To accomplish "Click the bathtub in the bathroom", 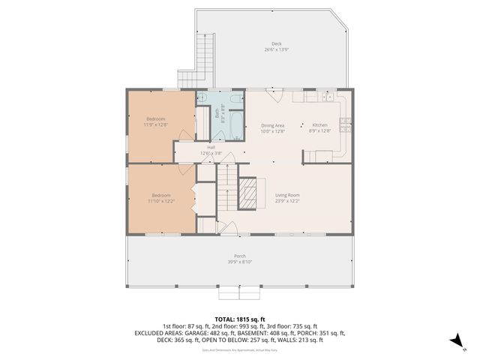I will tap(235, 124).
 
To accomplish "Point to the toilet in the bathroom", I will tap(235, 97).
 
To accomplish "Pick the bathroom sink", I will tap(202, 97).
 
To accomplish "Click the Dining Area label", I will tap(272, 125).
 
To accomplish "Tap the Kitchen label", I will tap(319, 125).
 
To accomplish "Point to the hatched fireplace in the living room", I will tap(247, 193).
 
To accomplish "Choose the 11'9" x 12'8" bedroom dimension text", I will tap(156, 125).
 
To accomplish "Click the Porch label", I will tap(239, 256).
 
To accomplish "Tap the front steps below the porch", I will tap(239, 292).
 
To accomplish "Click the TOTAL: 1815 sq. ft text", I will tap(239, 319).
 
